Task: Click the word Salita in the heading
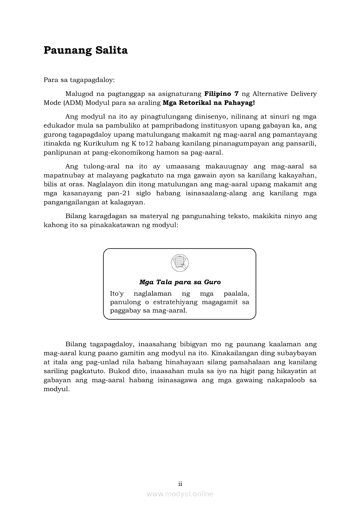pos(111,51)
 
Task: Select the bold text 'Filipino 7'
pos(221,94)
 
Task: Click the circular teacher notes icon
pos(180,263)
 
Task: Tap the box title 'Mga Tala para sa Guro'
pos(180,282)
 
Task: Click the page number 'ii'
pos(180,483)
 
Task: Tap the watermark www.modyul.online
pos(180,494)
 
